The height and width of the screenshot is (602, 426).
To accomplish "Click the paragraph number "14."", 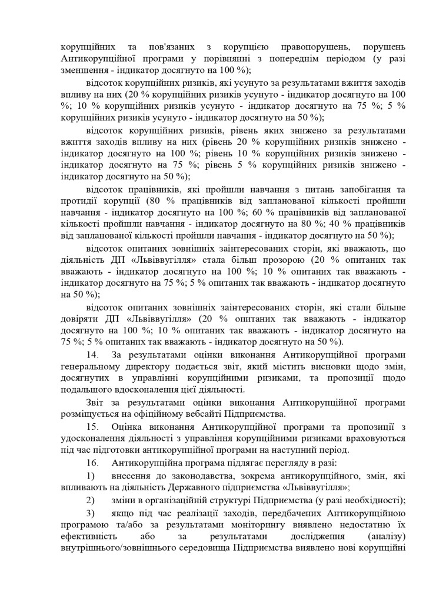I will point(92,354).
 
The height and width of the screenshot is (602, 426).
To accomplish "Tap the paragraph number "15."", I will point(92,426).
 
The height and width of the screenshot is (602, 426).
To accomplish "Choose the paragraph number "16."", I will point(92,463).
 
